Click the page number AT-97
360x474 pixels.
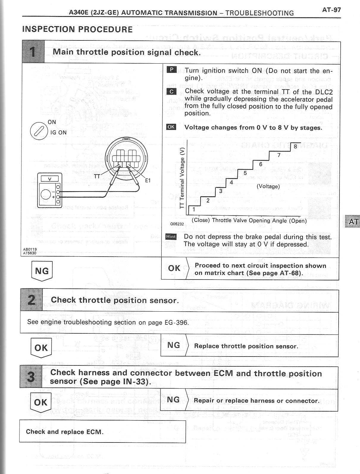pyautogui.click(x=331, y=10)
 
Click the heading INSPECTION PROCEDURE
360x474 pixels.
pyautogui.click(x=77, y=29)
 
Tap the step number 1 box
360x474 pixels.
pyautogui.click(x=33, y=52)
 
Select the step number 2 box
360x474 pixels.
pyautogui.click(x=31, y=300)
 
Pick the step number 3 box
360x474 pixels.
pyautogui.click(x=31, y=377)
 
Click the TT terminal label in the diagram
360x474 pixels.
pyautogui.click(x=97, y=176)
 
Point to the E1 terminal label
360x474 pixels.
pyautogui.click(x=148, y=180)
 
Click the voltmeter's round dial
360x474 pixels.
pyautogui.click(x=46, y=194)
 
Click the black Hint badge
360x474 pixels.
pyautogui.click(x=171, y=237)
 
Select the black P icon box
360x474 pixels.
pyautogui.click(x=172, y=70)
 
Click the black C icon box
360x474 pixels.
pyautogui.click(x=172, y=91)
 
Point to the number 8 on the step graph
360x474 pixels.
pyautogui.click(x=295, y=146)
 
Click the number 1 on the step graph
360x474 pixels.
pyautogui.click(x=194, y=209)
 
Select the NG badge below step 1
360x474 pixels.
pyautogui.click(x=42, y=271)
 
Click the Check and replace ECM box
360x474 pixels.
pyautogui.click(x=102, y=431)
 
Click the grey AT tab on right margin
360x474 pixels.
pyautogui.click(x=353, y=222)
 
